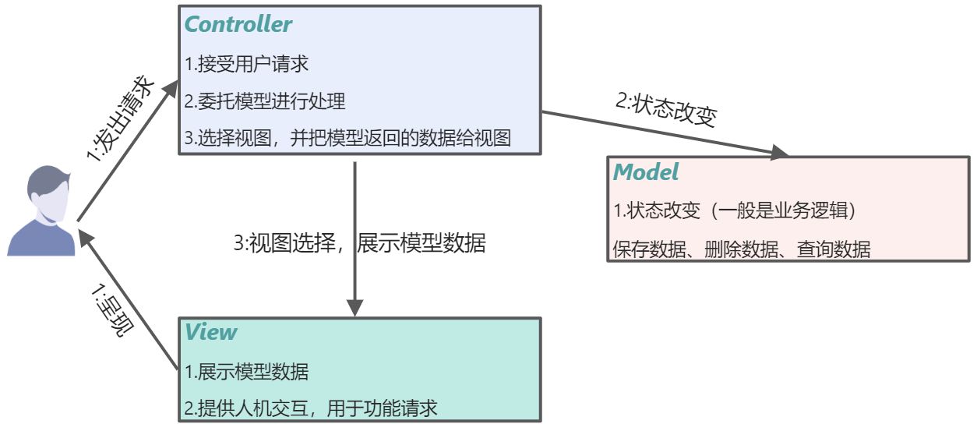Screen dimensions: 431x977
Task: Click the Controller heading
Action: [x=238, y=24]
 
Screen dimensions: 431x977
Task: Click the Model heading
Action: [x=646, y=172]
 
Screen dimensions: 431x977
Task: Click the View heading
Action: [x=210, y=332]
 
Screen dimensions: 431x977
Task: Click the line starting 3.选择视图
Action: [x=347, y=138]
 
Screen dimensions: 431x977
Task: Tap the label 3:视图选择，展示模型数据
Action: [x=360, y=243]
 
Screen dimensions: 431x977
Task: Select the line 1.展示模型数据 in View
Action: [x=246, y=372]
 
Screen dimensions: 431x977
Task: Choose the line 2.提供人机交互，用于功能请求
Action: [x=310, y=408]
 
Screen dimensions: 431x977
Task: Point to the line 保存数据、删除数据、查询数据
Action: [x=741, y=249]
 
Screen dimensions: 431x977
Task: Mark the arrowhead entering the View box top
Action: [x=355, y=307]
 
